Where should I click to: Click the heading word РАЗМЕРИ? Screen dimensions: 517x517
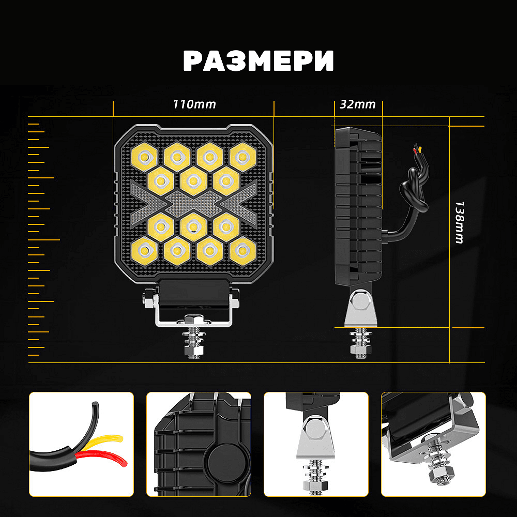click(x=258, y=61)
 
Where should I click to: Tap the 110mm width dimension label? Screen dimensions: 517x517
click(x=194, y=104)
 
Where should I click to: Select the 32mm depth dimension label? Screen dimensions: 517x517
click(x=358, y=104)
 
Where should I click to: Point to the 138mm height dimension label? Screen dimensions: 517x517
click(x=459, y=222)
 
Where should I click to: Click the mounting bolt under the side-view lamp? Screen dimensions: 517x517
click(x=358, y=341)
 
